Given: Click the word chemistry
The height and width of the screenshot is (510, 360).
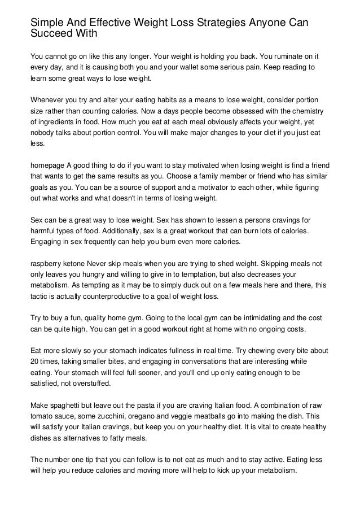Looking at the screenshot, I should [x=305, y=111].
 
